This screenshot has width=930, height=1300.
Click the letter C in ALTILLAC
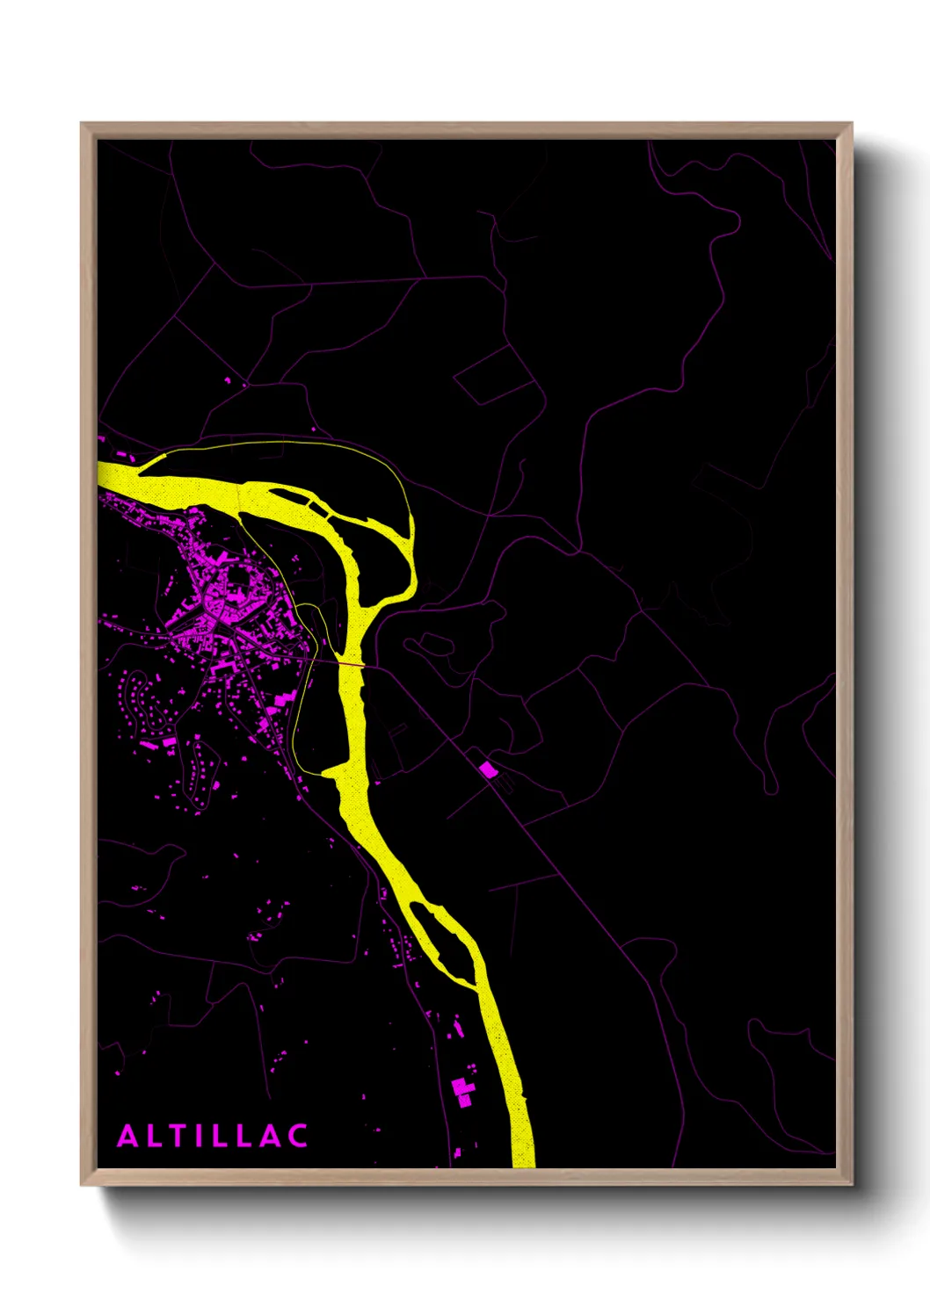pos(297,1136)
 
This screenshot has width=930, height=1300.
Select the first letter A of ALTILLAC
pos(128,1136)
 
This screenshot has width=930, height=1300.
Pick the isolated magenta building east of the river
pos(488,769)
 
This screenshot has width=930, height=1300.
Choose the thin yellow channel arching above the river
pos(290,444)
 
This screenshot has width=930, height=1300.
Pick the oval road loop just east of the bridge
pos(429,645)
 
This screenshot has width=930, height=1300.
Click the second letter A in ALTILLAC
pos(272,1136)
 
